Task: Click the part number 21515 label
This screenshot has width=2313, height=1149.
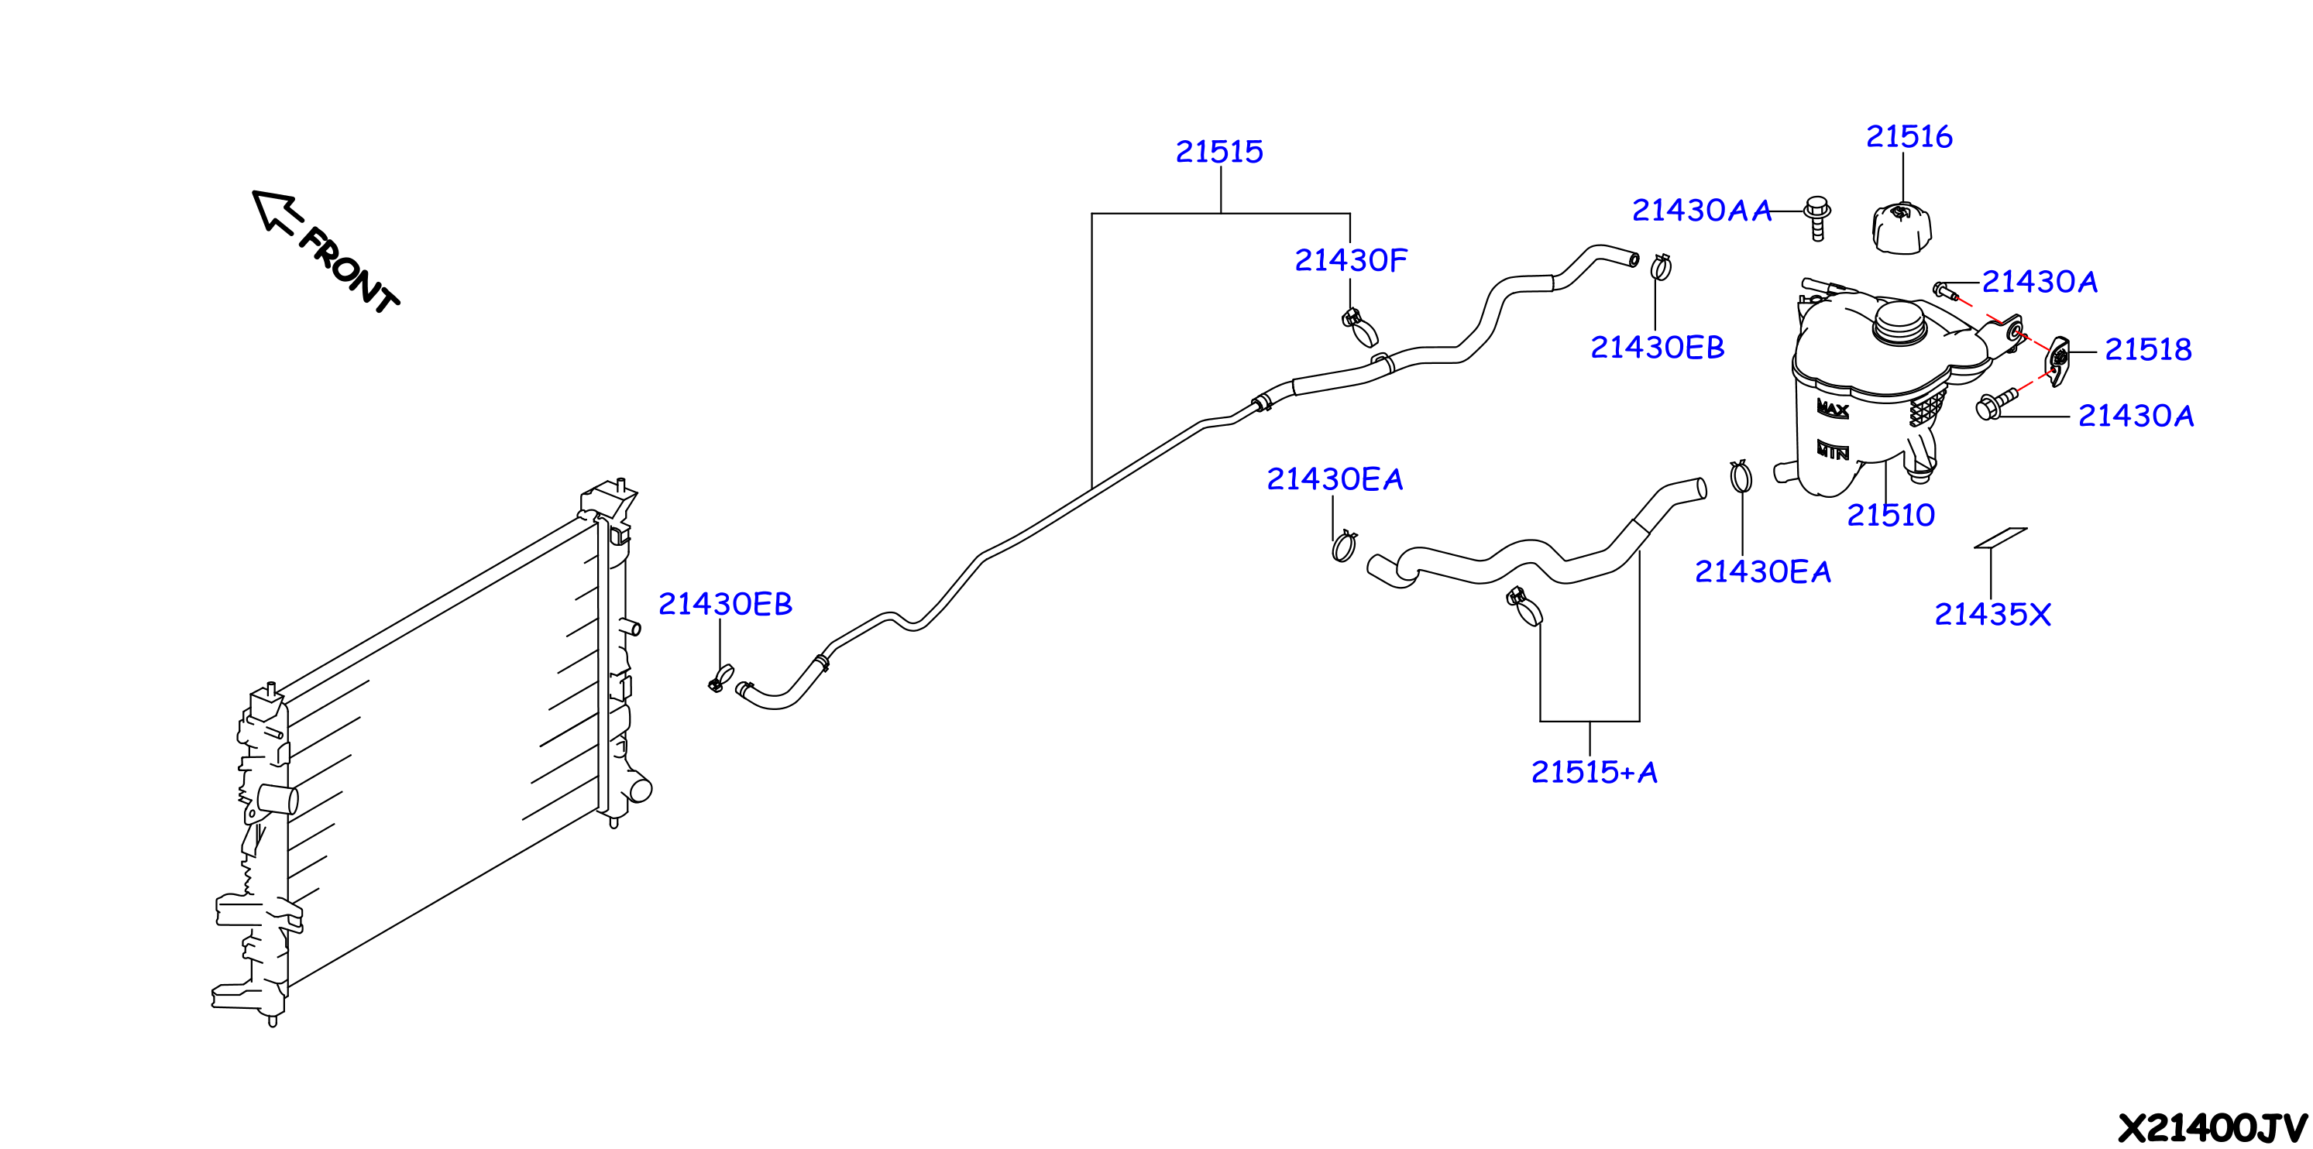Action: (x=1219, y=152)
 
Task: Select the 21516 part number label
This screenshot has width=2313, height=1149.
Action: (x=1909, y=136)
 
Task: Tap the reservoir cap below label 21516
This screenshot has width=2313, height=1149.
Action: (x=1901, y=228)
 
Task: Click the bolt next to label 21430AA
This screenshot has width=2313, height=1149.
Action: (x=1817, y=218)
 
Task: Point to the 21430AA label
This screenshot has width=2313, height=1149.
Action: (x=1702, y=210)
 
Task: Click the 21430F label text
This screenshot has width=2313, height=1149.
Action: (x=1350, y=260)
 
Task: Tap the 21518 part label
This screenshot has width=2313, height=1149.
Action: (x=2148, y=349)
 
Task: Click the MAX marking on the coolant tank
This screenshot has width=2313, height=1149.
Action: (x=1833, y=409)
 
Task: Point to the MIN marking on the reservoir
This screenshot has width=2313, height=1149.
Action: (x=1833, y=450)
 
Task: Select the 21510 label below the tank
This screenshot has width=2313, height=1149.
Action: (x=1890, y=515)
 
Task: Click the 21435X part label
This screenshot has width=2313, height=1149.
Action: (x=1992, y=615)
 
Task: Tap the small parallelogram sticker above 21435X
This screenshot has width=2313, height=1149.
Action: (x=2001, y=537)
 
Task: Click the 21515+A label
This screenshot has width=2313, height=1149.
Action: (x=1594, y=772)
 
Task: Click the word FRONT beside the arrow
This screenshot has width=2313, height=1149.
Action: (x=349, y=270)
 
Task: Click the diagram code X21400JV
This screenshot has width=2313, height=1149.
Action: (x=2212, y=1127)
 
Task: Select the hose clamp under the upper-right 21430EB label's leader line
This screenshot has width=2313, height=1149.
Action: (x=1660, y=266)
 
